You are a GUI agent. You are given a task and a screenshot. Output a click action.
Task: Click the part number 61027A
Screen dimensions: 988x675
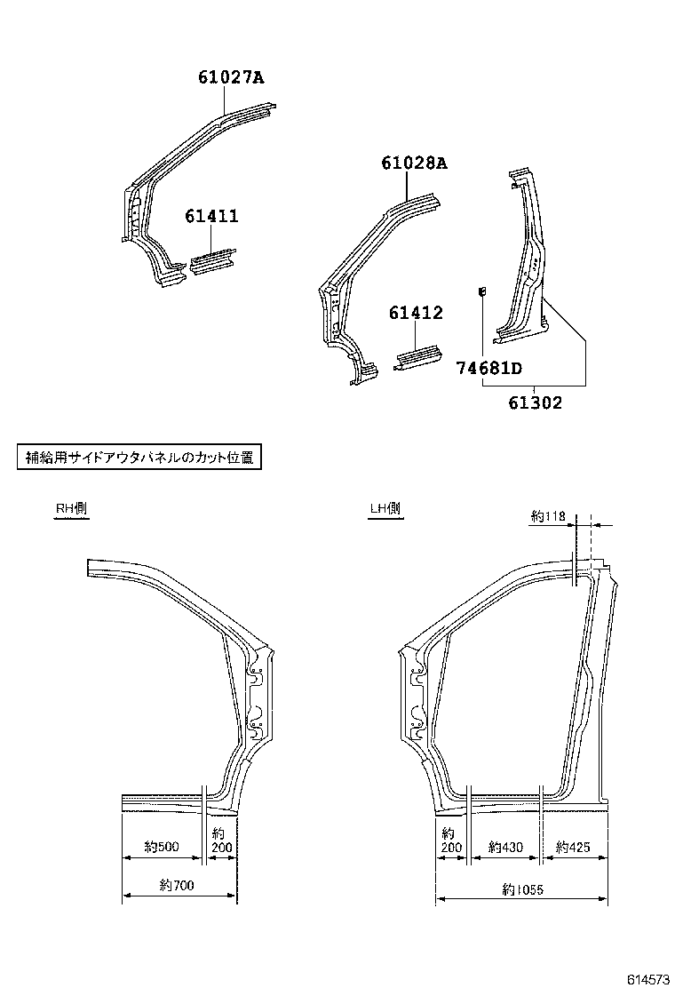pos(231,77)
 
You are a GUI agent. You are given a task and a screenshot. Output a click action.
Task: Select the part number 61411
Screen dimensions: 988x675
pos(211,216)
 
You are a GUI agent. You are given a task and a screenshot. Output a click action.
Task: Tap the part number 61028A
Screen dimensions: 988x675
pos(414,163)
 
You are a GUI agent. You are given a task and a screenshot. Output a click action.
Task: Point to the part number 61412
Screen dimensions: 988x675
pos(415,314)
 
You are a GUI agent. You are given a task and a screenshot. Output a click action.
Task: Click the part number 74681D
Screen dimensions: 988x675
pos(489,368)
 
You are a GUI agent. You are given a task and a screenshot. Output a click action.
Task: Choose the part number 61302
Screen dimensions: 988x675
pos(536,402)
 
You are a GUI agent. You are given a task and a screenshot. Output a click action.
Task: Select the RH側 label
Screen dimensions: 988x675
pos(71,509)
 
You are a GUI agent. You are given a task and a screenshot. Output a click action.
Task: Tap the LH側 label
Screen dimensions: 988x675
pos(385,509)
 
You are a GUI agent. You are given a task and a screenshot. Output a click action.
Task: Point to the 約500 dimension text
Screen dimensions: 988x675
pos(162,847)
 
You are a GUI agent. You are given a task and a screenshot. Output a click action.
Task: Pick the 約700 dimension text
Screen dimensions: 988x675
pos(178,885)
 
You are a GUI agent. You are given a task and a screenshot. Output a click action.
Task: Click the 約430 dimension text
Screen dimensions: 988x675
pos(505,847)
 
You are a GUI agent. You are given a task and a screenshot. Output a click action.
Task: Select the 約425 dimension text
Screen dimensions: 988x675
pos(573,847)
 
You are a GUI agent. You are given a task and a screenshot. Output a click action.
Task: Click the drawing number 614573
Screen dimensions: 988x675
pos(648,978)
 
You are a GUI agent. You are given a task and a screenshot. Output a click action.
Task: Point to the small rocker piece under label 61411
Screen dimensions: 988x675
pos(212,262)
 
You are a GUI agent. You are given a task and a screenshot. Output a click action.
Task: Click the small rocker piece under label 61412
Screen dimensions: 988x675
pos(417,357)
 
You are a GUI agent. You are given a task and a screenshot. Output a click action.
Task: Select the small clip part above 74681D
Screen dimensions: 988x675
pos(481,291)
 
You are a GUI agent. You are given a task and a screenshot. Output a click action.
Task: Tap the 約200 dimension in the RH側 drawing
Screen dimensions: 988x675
pos(221,841)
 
